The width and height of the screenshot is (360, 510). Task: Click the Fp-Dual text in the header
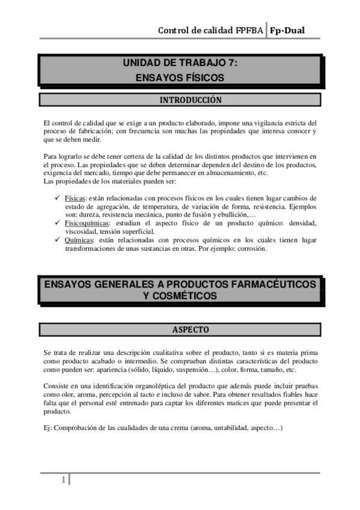point(287,31)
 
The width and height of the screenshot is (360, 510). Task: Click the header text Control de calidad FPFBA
point(210,31)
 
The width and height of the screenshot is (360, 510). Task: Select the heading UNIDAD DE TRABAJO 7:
point(180,63)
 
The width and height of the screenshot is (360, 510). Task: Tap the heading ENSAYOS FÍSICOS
point(180,78)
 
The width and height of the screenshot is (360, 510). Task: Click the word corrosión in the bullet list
point(259,248)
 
